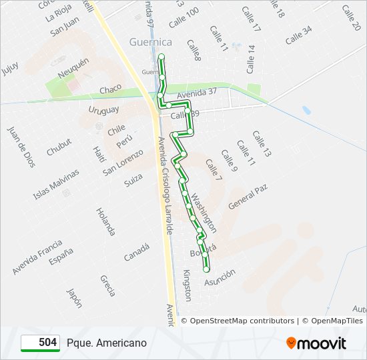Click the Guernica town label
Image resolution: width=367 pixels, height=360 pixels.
pos(151,42)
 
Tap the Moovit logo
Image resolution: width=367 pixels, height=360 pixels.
pos(316,343)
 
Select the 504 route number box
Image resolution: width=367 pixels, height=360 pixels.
pos(41,343)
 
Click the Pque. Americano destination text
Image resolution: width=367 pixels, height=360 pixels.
pos(107,343)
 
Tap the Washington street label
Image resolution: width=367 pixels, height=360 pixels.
pos(204,213)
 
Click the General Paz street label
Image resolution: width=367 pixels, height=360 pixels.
pos(248,197)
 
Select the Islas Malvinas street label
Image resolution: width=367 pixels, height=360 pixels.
pos(56,184)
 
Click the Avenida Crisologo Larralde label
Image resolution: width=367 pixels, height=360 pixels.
pos(165,185)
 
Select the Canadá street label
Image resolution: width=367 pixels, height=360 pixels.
pos(137,252)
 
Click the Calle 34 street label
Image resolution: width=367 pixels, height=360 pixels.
pos(298,36)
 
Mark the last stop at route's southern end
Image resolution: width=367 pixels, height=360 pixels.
pos(206,269)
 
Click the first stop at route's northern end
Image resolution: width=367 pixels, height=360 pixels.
pos(161,56)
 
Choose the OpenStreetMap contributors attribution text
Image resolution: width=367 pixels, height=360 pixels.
pos(242,321)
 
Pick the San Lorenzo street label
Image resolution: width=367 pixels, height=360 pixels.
pos(123,162)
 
